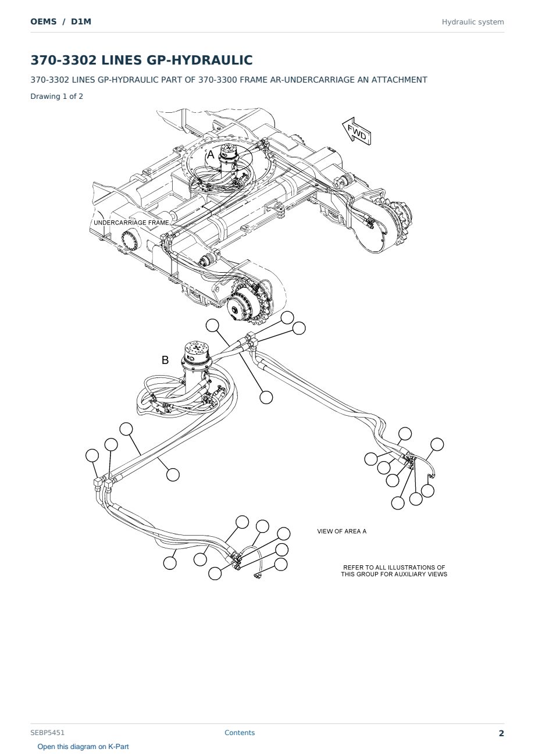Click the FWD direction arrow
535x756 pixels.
tap(356, 131)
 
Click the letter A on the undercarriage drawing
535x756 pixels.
tap(211, 155)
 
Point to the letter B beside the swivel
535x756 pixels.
tap(165, 360)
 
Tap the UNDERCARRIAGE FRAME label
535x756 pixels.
tap(131, 223)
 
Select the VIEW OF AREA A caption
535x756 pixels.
tap(341, 531)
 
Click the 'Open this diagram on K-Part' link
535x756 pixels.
tap(83, 747)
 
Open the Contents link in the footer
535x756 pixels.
tap(240, 733)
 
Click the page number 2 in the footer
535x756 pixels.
tap(501, 733)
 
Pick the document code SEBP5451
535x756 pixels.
tap(47, 733)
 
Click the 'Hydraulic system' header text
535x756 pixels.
tap(473, 22)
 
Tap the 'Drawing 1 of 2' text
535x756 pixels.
tap(57, 96)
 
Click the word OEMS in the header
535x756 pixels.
tap(44, 22)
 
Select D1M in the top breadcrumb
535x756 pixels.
tap(81, 22)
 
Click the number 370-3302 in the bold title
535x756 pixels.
tap(63, 60)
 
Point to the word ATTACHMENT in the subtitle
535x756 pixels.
tap(400, 80)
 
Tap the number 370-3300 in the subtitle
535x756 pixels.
tap(216, 80)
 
